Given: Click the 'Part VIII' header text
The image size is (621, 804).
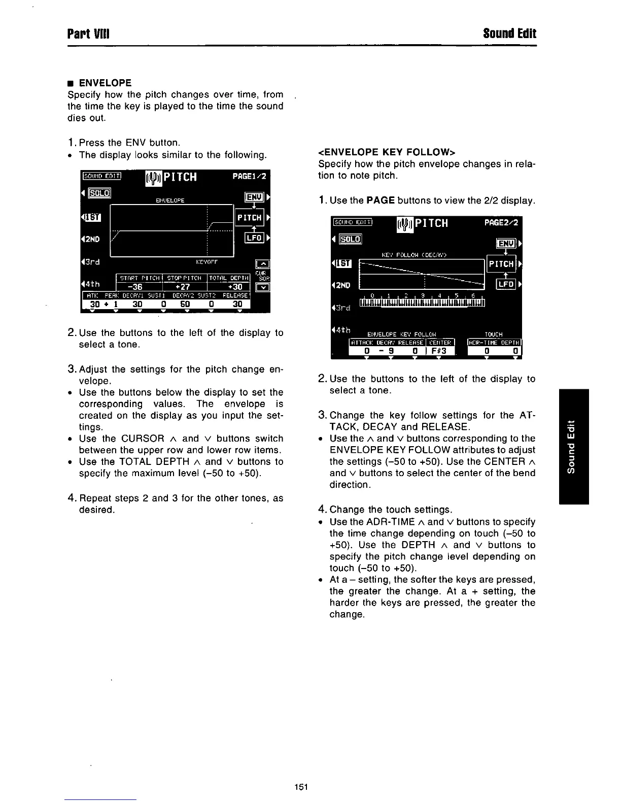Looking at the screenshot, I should (89, 34).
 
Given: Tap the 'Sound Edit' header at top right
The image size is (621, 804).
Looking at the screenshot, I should (509, 34).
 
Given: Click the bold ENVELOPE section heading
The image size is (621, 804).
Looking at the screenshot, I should (105, 83).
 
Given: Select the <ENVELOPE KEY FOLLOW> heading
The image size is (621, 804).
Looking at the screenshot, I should (387, 152).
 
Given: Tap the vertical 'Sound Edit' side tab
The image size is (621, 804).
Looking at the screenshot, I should (573, 447).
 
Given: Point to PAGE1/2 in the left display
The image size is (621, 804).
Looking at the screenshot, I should (249, 177).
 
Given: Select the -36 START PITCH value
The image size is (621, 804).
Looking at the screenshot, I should (137, 287).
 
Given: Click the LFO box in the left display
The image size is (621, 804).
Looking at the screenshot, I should (253, 238).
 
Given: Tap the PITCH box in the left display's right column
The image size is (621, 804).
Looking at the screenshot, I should (249, 218).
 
